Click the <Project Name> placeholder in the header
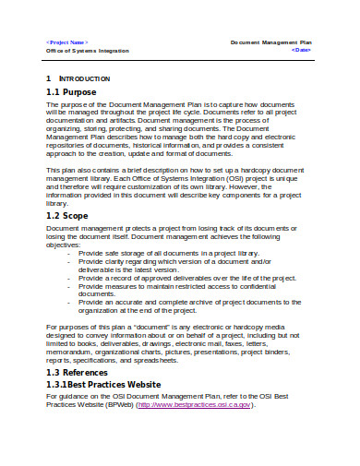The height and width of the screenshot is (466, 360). pyautogui.click(x=67, y=42)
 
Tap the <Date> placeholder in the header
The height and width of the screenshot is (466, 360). pyautogui.click(x=300, y=51)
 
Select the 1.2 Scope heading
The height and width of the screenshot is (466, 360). pyautogui.click(x=73, y=215)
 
